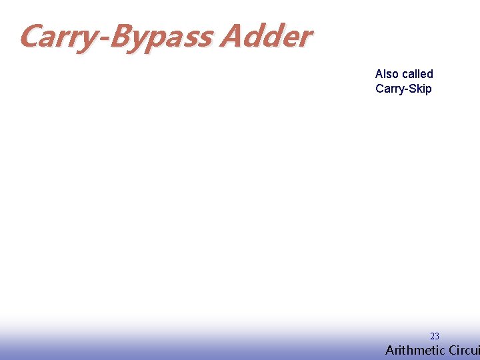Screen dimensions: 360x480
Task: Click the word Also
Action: pyautogui.click(x=387, y=74)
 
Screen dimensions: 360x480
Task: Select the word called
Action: pyautogui.click(x=417, y=74)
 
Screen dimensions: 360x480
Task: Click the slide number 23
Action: pyautogui.click(x=434, y=337)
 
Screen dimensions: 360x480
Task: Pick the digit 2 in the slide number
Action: pyautogui.click(x=432, y=337)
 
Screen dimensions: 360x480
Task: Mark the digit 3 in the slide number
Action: pyautogui.click(x=437, y=337)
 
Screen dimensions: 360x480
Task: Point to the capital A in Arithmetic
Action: pyautogui.click(x=390, y=351)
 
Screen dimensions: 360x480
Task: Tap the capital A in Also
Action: pyautogui.click(x=379, y=74)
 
